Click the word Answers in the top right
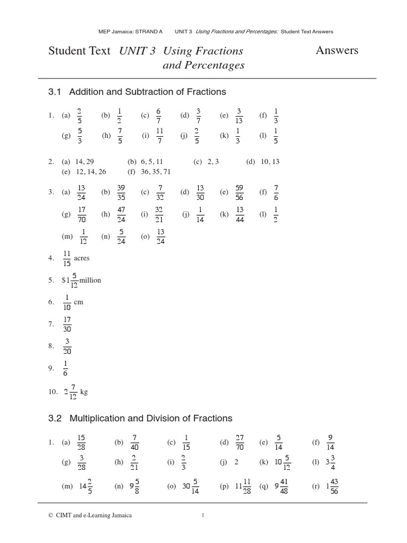click(x=337, y=50)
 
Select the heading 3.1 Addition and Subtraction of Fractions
click(x=137, y=92)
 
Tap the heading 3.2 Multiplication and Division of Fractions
click(x=140, y=418)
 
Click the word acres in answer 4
click(x=82, y=258)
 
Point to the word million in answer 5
click(x=90, y=280)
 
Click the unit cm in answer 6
click(x=79, y=302)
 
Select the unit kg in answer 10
click(x=83, y=392)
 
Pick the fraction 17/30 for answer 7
click(x=67, y=324)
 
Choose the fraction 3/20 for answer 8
click(x=67, y=346)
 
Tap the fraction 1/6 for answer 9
click(x=65, y=368)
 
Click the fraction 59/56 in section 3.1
click(x=239, y=192)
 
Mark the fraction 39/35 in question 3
click(x=121, y=192)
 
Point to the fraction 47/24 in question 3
click(x=121, y=215)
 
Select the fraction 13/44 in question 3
click(x=240, y=215)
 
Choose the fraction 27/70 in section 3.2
click(x=240, y=442)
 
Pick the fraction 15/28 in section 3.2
click(x=81, y=442)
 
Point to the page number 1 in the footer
click(x=203, y=515)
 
